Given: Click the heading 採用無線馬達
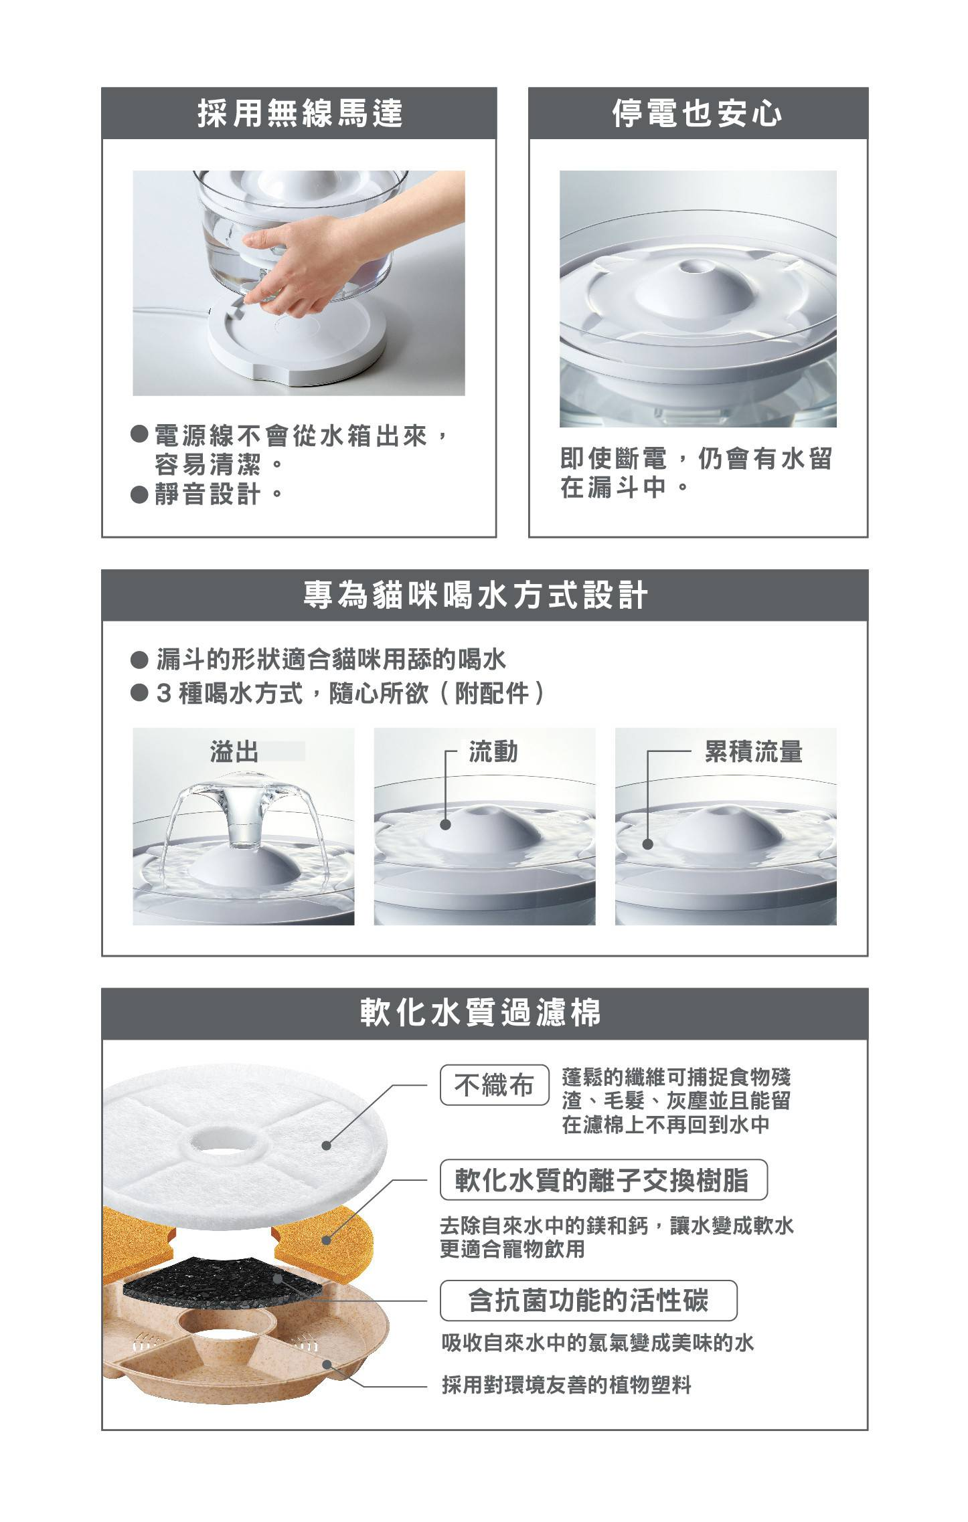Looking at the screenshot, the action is tap(300, 112).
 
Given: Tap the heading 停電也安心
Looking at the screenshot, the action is tap(698, 112).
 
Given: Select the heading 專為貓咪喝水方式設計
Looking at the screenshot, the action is tap(476, 595).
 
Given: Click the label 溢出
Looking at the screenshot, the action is tap(234, 752).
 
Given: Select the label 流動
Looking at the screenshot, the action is tap(493, 752).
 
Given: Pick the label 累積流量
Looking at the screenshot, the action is tap(753, 752).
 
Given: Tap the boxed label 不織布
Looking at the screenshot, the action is tap(494, 1084).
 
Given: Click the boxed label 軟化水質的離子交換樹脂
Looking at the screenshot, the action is tap(603, 1179).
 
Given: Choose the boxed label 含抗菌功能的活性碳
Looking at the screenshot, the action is tap(588, 1301).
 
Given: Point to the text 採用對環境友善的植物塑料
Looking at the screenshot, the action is tap(566, 1384).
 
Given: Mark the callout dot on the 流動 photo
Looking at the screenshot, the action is tap(445, 824).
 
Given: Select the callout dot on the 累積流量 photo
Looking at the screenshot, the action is tap(647, 844).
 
